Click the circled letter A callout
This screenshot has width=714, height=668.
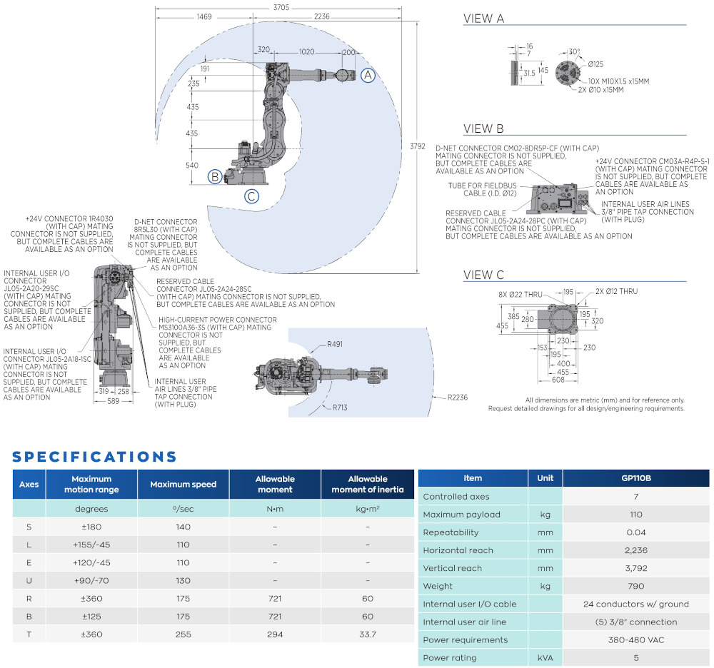367,75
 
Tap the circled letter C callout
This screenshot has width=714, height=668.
251,197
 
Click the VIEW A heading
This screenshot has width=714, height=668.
483,19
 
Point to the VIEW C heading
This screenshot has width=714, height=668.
483,275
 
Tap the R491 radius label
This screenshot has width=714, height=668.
335,344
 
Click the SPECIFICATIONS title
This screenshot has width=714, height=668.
94,457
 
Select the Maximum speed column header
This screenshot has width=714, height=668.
183,484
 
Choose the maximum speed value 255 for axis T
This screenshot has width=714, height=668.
183,634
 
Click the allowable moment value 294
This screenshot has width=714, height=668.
275,634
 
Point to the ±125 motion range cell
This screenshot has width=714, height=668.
91,616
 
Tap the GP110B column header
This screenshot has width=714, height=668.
636,478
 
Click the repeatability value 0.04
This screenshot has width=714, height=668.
636,532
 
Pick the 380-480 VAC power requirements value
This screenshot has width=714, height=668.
636,640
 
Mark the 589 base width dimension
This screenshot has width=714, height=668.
114,403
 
